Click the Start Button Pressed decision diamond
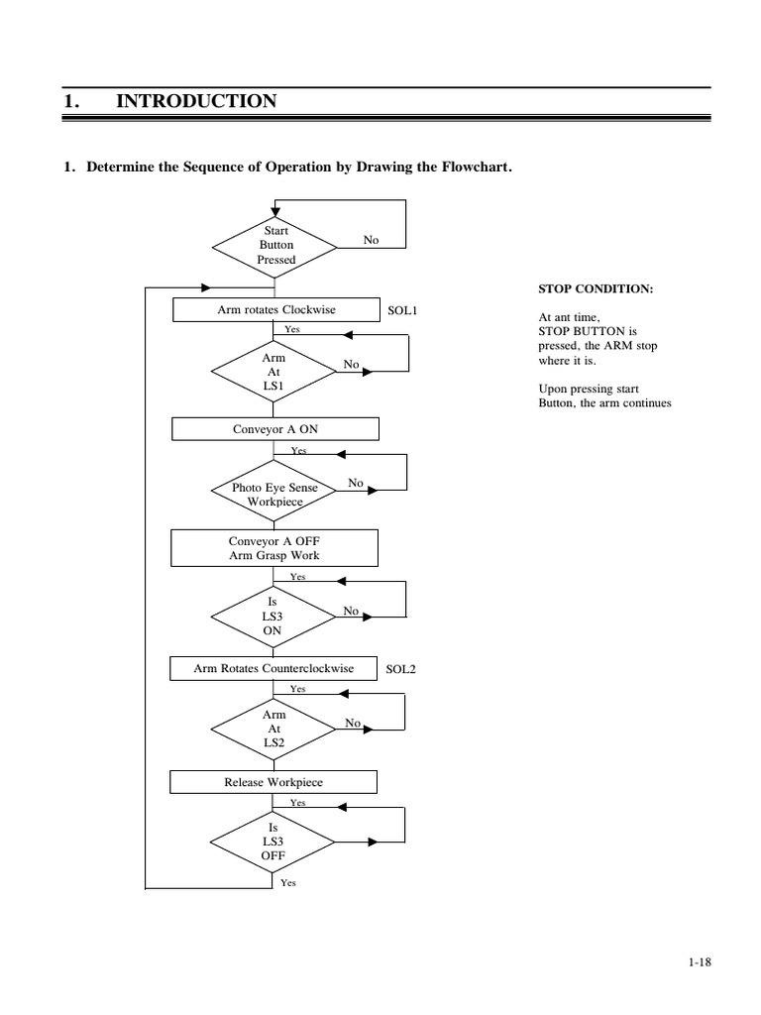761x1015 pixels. point(275,245)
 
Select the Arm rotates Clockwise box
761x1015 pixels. point(275,310)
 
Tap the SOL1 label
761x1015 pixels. point(401,310)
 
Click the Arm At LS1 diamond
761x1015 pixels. point(274,370)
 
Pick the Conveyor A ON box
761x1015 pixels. point(274,428)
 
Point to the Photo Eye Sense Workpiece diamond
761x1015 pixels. point(274,494)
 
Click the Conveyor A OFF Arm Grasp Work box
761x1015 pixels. point(274,548)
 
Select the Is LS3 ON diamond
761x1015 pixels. point(274,615)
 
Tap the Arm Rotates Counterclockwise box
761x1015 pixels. point(273,669)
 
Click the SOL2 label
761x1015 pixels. point(400,669)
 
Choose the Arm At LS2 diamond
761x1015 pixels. point(274,729)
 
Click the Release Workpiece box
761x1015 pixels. point(273,782)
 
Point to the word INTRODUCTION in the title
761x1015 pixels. point(196,101)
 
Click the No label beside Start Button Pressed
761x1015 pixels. point(371,240)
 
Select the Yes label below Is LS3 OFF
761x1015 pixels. point(287,881)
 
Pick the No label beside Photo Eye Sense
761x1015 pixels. point(356,483)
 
